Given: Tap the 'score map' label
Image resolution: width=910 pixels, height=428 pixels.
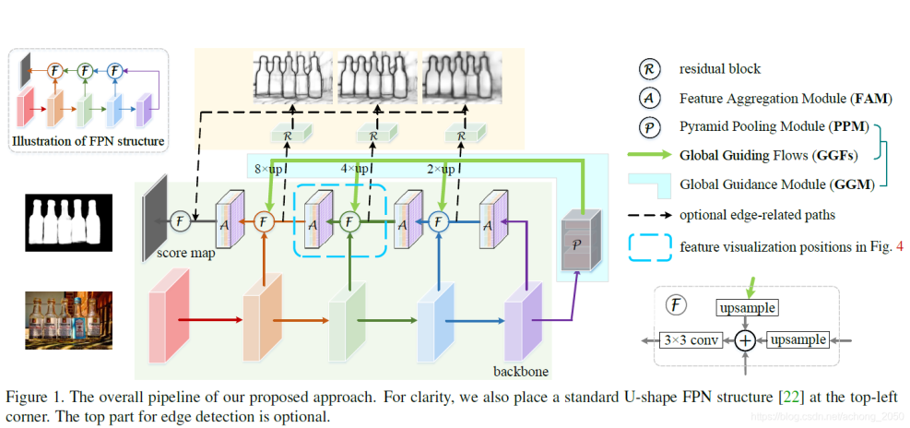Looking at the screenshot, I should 184,252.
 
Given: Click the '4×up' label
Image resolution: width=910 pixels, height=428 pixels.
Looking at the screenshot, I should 355,170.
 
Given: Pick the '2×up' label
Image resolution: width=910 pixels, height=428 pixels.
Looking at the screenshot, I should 440,170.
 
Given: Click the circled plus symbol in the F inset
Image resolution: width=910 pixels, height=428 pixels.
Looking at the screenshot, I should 745,340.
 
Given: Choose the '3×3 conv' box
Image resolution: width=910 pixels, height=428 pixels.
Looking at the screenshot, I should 691,340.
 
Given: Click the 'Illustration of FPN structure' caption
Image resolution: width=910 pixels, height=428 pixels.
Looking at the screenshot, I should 89,141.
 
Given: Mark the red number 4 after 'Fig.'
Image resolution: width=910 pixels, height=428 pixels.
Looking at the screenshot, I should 889,247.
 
